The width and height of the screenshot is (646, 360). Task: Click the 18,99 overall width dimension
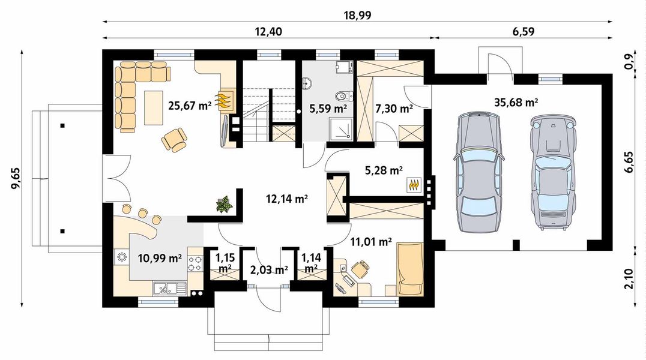[x=357, y=16]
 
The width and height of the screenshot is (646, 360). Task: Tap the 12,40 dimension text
[x=268, y=31]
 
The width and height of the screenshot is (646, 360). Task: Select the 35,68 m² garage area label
[x=516, y=102]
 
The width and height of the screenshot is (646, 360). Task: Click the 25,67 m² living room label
[x=190, y=106]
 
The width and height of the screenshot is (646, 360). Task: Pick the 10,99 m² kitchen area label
[x=160, y=258]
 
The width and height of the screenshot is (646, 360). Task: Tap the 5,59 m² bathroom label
[x=328, y=109]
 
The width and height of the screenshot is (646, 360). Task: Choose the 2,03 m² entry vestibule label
[x=269, y=270]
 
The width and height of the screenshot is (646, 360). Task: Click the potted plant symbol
[x=225, y=204]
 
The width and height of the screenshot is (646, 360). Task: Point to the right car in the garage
[x=552, y=172]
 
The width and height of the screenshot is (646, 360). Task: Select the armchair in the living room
[x=174, y=140]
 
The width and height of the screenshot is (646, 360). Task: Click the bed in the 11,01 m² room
[x=410, y=269]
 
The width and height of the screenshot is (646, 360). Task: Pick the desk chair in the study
[x=360, y=269]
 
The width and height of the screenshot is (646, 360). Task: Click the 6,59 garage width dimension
[x=524, y=31]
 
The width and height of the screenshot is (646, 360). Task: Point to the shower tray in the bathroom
[x=341, y=128]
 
